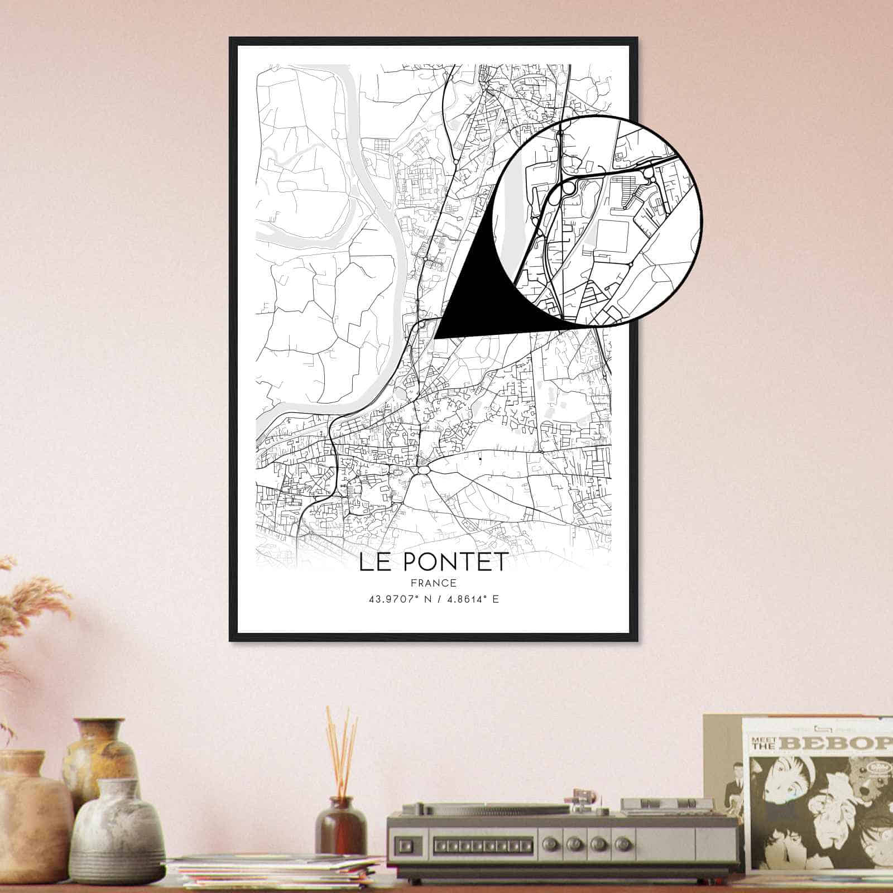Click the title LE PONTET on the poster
coord(433,562)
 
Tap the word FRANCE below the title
coord(433,583)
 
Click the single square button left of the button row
coord(407,841)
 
